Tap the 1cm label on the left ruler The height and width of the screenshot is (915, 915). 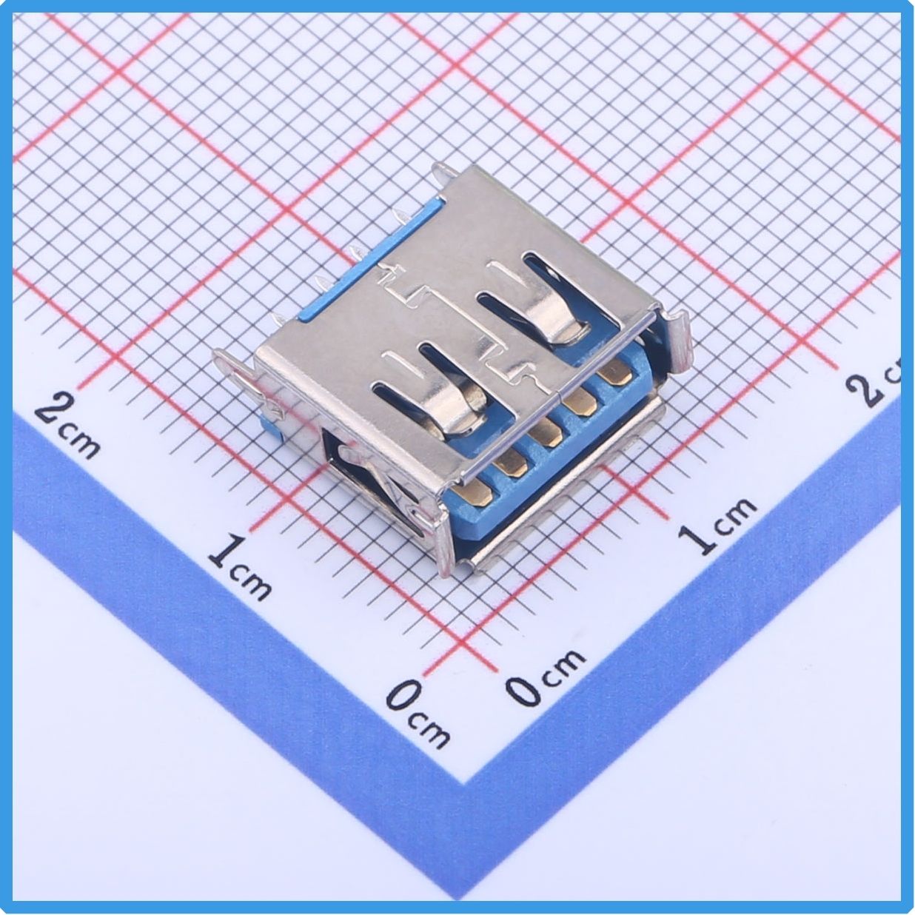click(x=241, y=566)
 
